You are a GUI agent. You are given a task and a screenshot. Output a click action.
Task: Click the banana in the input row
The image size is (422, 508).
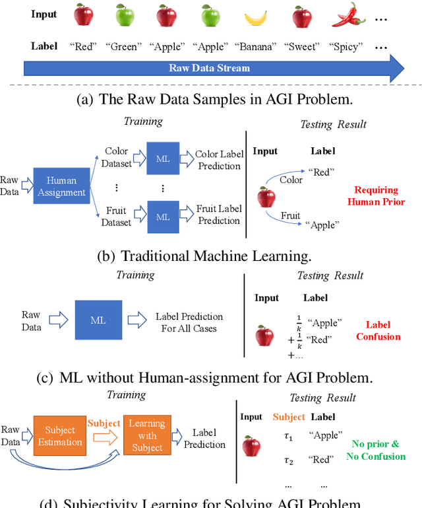(x=255, y=18)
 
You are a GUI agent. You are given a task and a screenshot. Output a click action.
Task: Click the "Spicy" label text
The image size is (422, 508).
(x=347, y=47)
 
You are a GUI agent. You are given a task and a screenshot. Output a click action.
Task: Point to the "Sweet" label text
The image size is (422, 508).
(x=302, y=47)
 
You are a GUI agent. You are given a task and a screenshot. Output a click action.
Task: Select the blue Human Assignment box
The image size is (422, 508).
(x=61, y=186)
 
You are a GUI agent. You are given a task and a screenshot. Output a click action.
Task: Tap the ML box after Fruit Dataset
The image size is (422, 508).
(x=162, y=216)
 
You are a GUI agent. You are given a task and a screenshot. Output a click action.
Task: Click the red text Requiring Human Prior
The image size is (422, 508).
(x=377, y=196)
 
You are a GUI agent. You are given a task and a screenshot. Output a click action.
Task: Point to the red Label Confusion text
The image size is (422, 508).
(x=378, y=330)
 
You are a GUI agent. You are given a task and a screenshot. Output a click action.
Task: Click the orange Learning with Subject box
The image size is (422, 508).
(x=147, y=436)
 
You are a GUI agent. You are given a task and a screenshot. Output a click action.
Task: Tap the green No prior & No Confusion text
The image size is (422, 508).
(x=378, y=450)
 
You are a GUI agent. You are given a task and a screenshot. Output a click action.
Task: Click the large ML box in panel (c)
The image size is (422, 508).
(x=98, y=321)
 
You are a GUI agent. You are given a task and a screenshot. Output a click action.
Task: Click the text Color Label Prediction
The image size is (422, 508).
(x=219, y=160)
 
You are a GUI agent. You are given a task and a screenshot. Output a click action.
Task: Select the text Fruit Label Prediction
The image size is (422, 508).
(x=219, y=215)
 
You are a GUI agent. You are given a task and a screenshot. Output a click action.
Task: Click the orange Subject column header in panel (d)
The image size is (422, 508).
(x=289, y=417)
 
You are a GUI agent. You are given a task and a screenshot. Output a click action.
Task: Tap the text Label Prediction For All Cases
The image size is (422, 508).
(x=189, y=322)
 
